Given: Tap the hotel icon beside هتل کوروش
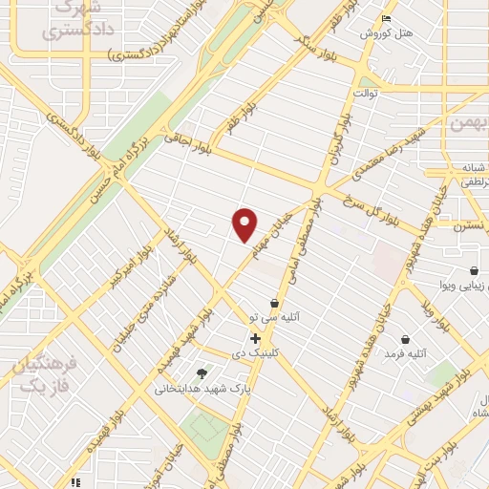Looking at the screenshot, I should (385, 19).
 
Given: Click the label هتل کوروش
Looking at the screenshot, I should (393, 33).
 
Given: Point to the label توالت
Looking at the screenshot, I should (368, 93).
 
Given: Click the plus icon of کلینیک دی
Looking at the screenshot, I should (255, 338).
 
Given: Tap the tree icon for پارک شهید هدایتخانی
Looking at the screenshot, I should (201, 373).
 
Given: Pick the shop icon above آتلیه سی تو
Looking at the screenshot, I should (275, 304).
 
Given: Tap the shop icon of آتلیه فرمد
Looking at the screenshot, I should (405, 339).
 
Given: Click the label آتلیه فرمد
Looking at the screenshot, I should (403, 354).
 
